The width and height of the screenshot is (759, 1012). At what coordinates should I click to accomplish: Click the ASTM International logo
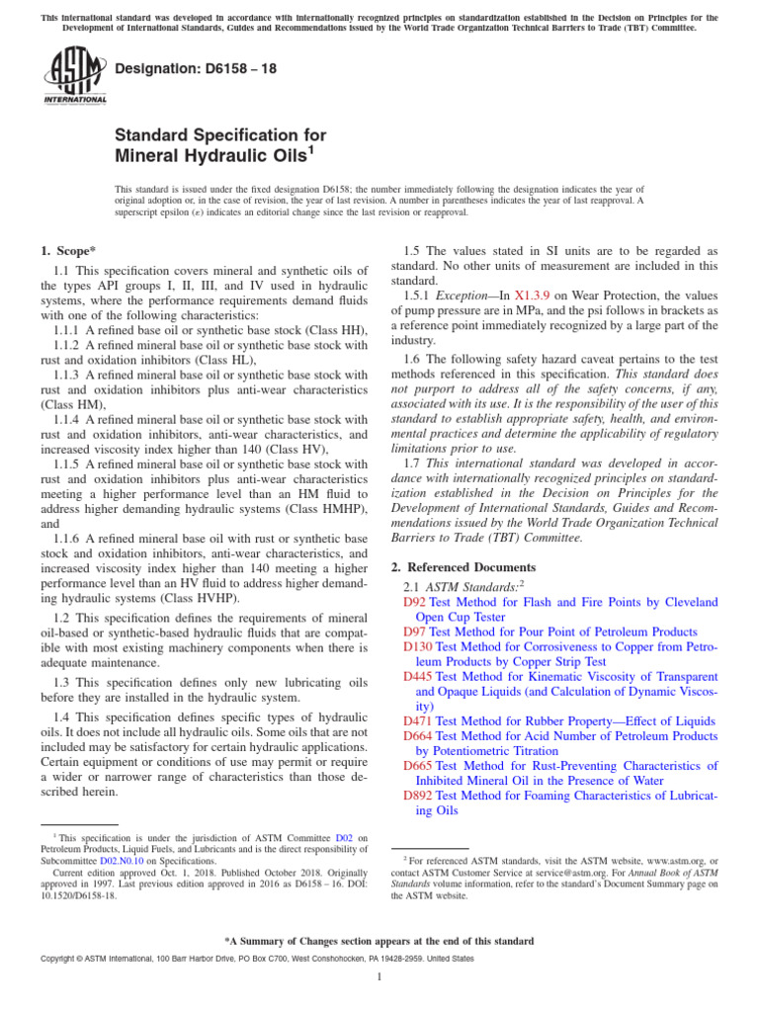point(75,77)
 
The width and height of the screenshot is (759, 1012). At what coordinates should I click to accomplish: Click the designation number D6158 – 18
point(183,67)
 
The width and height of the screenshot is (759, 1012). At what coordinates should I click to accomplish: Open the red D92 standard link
point(415,601)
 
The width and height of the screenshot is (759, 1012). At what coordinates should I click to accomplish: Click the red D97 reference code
point(415,631)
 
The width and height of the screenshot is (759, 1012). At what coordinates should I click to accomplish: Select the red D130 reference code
point(419,646)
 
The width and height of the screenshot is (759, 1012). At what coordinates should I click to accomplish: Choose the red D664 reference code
point(419,736)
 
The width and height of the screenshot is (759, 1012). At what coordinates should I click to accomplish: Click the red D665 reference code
point(419,766)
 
